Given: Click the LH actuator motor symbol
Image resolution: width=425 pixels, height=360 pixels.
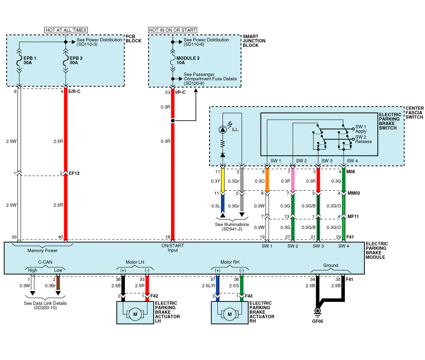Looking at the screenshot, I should click(135, 314).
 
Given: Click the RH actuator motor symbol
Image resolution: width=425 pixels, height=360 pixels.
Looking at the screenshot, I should click(230, 314).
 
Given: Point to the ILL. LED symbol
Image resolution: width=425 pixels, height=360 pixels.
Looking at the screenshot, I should click(222, 128).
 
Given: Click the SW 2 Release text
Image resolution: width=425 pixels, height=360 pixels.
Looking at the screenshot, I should click(363, 140).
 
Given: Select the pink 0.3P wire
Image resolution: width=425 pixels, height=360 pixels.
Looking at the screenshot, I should click(292, 181).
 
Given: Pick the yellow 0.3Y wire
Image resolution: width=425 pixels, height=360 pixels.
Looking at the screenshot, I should click(222, 181).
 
